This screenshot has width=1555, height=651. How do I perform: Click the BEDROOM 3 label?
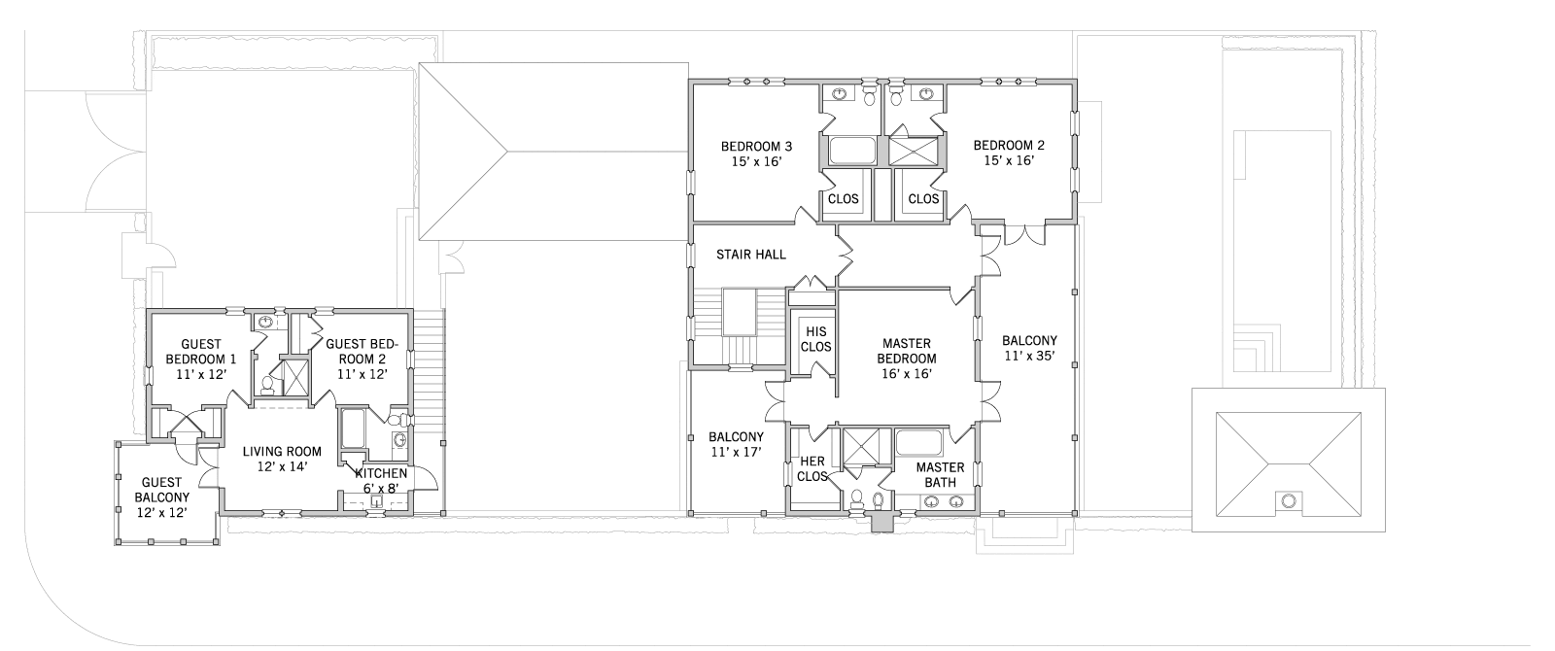756,147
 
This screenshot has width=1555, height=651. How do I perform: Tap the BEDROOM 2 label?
1009,145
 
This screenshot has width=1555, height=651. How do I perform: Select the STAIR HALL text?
751,255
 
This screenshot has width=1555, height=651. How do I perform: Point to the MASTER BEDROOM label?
907,351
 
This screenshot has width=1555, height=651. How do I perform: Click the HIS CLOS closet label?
815,339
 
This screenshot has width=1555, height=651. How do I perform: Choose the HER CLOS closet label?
812,468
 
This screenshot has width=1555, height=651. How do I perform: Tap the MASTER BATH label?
940,475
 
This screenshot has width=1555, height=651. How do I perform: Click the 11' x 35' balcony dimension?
1029,356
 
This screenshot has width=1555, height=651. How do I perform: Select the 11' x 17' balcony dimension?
736,452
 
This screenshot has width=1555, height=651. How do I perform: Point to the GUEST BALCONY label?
161,490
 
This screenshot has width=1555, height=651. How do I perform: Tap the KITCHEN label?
381,473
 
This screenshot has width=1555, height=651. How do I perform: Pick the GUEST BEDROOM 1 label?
201,352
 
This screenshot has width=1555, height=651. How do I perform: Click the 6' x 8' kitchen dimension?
380,488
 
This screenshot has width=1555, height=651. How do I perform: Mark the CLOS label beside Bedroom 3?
844,199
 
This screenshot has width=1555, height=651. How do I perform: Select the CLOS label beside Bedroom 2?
923,199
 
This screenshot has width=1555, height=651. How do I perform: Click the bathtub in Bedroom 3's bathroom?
851,151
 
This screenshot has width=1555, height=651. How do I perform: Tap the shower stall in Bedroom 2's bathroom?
914,152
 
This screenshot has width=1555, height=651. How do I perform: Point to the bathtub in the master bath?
918,442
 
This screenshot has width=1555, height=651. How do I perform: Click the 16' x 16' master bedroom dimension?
907,373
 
